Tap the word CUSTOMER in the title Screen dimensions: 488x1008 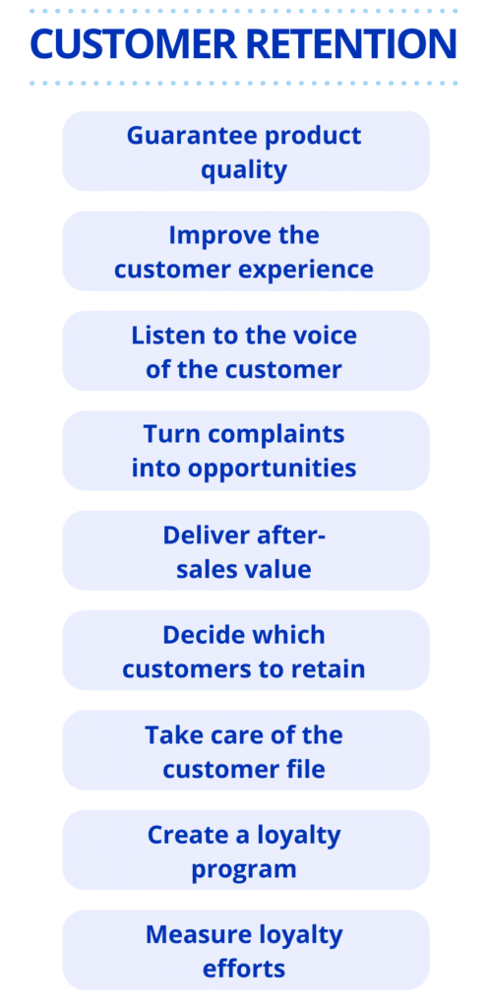click(134, 44)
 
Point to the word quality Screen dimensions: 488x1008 click(244, 171)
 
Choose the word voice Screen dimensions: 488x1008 click(326, 335)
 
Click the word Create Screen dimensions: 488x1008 click(185, 835)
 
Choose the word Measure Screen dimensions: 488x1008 click(191, 934)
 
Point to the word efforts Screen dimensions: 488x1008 click(244, 969)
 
